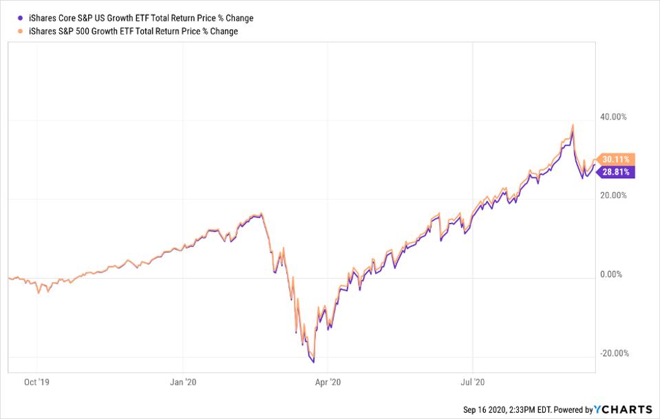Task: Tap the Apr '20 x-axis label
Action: point(330,380)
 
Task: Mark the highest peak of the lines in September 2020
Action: point(573,125)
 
